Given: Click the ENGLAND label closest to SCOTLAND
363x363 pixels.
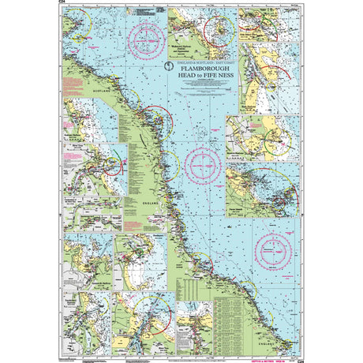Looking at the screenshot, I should click(x=147, y=202).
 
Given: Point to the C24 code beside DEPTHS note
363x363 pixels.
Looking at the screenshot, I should click(x=298, y=360).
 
